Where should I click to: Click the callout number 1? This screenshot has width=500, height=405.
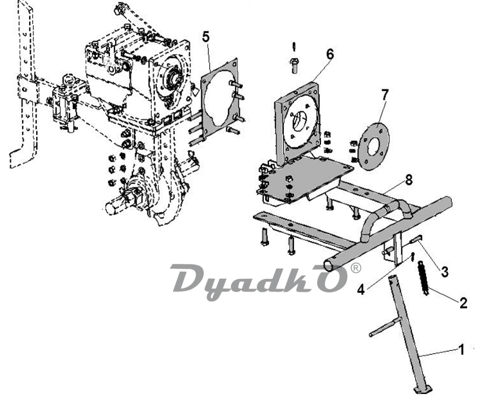click(x=461, y=350)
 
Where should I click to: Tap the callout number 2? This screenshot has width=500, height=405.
click(x=463, y=302)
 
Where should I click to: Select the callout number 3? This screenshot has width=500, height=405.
click(x=445, y=272)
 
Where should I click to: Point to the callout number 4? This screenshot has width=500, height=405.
click(x=360, y=290)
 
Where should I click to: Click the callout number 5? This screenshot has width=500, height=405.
click(x=206, y=37)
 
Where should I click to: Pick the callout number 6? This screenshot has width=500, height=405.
click(x=329, y=54)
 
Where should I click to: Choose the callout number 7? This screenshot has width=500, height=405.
click(x=385, y=95)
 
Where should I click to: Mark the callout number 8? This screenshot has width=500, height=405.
click(x=409, y=180)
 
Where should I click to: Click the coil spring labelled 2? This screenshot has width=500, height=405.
click(x=423, y=278)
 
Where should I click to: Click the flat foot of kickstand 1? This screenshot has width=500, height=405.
click(x=423, y=389)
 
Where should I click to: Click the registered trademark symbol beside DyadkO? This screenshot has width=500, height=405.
click(x=356, y=268)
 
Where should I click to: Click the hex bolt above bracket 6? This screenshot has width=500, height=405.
click(x=295, y=65)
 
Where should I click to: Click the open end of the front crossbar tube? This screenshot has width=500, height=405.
click(x=329, y=265)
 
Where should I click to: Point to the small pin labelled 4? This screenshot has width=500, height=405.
click(x=412, y=256)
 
